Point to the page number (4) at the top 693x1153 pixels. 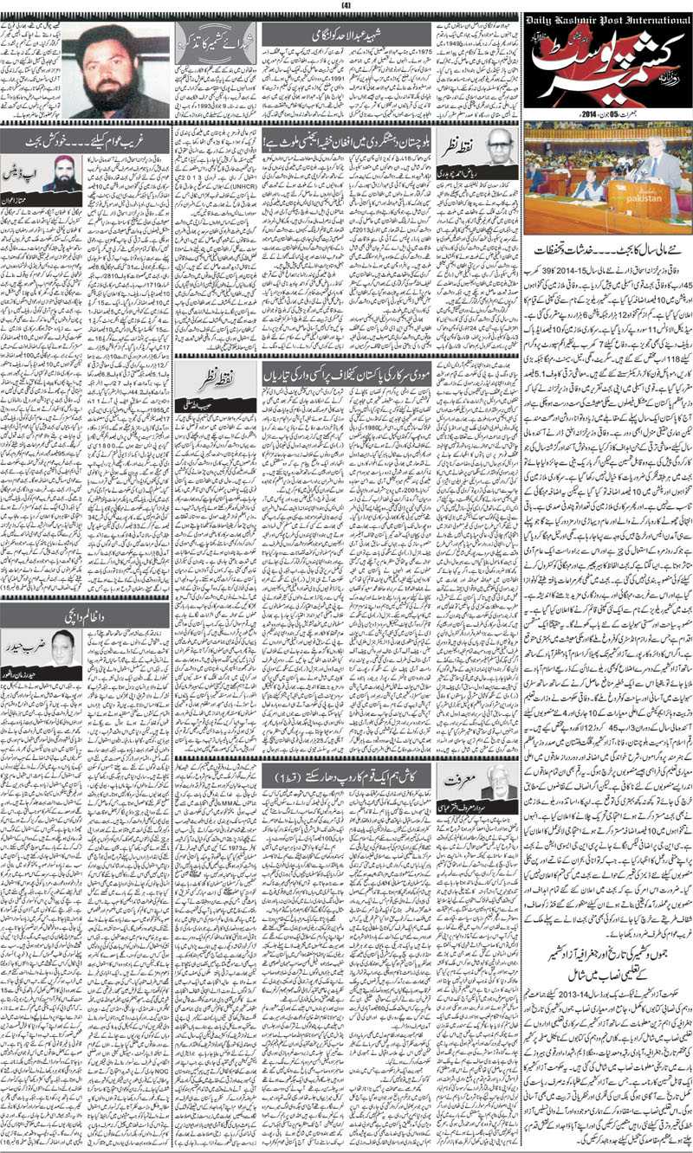pyautogui.click(x=346, y=6)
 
